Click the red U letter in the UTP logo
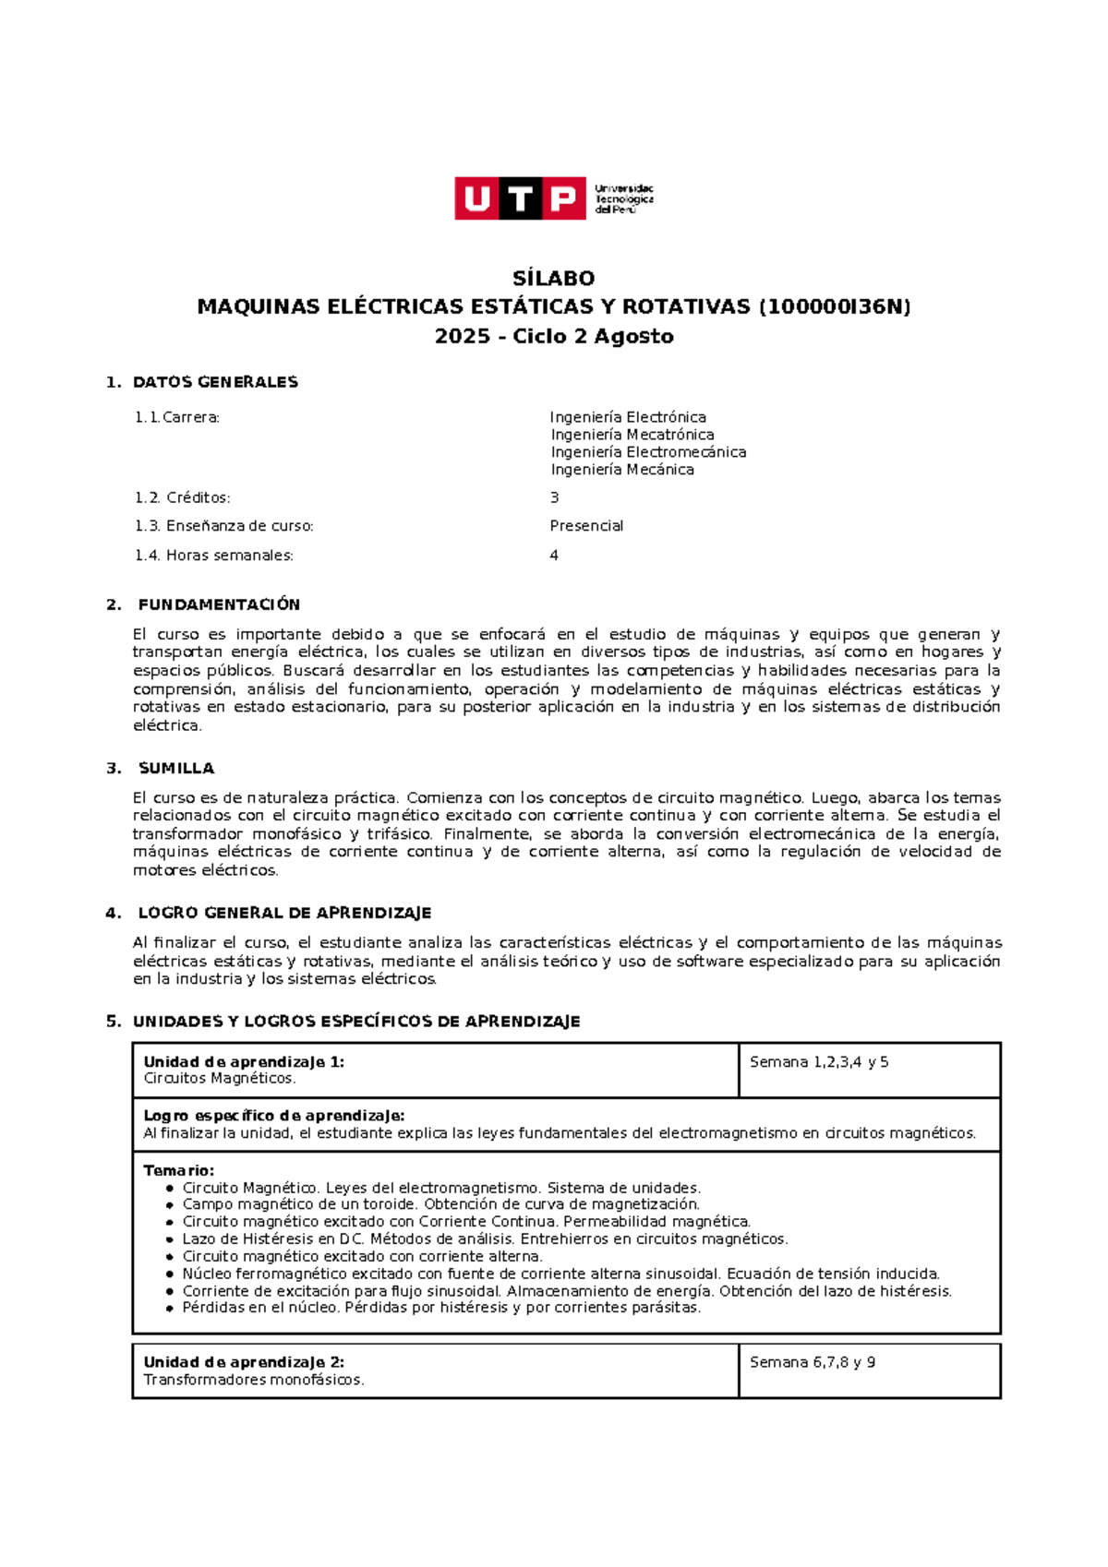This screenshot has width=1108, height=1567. point(476,198)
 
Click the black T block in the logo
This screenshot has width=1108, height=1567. point(520,198)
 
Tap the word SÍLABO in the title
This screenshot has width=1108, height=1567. point(553,279)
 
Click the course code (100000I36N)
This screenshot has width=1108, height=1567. point(834,307)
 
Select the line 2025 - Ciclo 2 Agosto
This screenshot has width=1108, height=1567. point(553,337)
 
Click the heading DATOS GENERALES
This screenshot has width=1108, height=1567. point(215,382)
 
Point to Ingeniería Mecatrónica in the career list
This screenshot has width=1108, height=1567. point(632,435)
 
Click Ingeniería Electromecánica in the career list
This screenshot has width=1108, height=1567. point(648,452)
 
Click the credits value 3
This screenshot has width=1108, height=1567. point(554,498)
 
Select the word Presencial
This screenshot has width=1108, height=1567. point(586,526)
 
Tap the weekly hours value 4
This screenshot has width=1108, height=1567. point(554,556)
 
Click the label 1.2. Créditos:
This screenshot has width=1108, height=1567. point(182,498)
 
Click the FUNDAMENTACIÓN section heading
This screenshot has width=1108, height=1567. point(219,605)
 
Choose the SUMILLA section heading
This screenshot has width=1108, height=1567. point(175,769)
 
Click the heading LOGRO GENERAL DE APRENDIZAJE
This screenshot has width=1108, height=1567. point(284,914)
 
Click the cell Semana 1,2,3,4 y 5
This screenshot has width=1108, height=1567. point(818,1062)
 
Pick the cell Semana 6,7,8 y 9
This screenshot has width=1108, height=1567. point(812,1363)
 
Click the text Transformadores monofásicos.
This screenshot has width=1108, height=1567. point(253,1381)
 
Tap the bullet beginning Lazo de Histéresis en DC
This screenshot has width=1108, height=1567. point(484,1239)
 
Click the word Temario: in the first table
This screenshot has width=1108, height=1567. point(178,1171)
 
